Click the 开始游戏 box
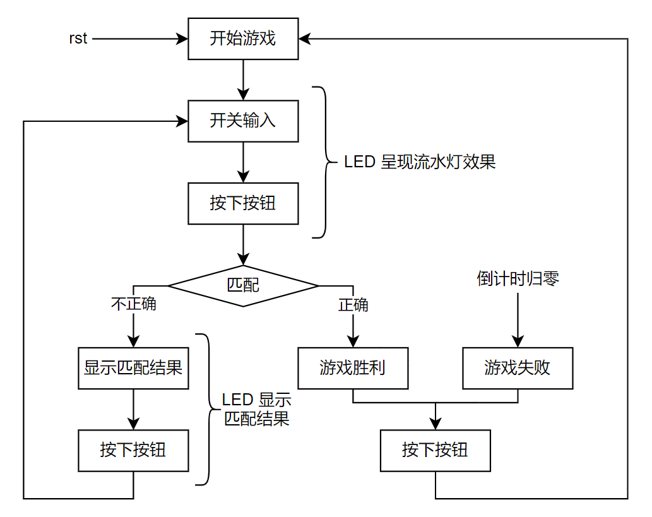(243, 39)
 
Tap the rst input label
(78, 39)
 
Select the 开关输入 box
(243, 121)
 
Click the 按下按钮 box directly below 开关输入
(243, 203)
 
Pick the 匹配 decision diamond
(243, 286)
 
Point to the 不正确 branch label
(134, 304)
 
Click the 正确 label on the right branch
(353, 306)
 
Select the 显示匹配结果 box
(133, 367)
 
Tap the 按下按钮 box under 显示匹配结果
(133, 450)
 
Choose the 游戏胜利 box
(353, 367)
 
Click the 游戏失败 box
(518, 367)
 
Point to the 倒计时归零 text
(518, 279)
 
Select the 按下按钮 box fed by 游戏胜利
(435, 450)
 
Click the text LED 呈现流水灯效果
(420, 162)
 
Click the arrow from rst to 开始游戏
(139, 39)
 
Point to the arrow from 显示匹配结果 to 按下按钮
(133, 409)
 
